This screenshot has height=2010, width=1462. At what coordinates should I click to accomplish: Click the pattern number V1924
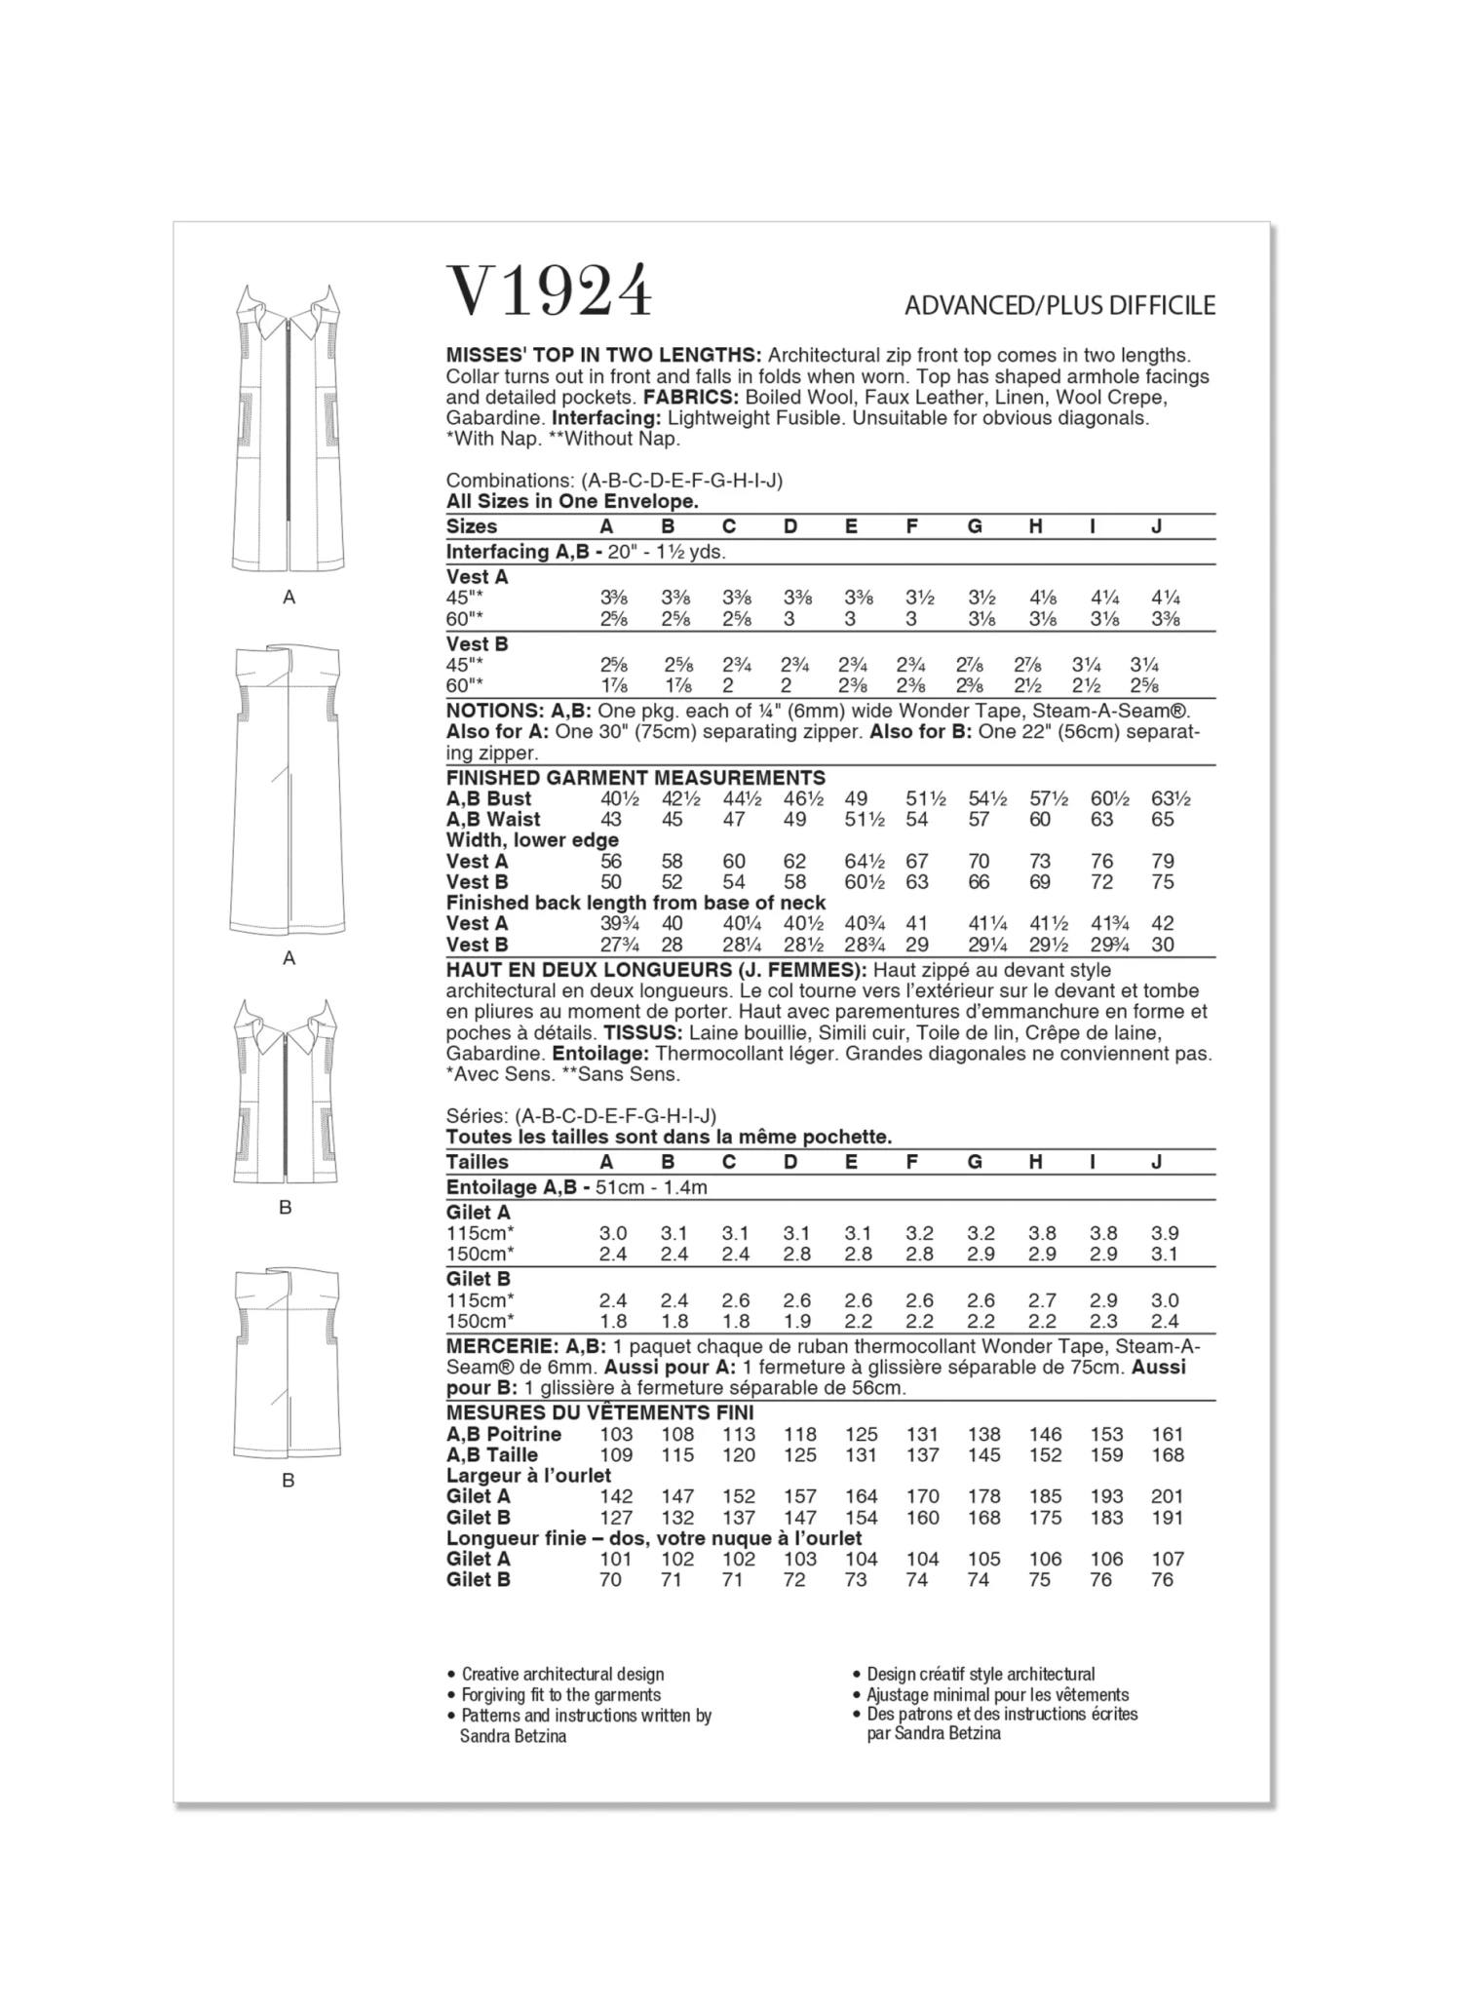(549, 290)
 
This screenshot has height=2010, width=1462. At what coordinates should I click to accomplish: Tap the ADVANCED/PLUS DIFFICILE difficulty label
(1059, 306)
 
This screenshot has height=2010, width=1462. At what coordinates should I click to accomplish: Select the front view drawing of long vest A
(289, 429)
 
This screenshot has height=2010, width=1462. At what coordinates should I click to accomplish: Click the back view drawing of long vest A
(289, 790)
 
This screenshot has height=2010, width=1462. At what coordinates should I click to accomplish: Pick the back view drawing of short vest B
(287, 1365)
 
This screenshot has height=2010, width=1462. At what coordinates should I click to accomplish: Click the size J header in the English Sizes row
(1156, 526)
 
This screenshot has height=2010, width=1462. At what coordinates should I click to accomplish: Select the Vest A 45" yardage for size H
(1042, 599)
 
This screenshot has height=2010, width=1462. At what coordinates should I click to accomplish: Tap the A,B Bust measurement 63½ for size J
(1170, 799)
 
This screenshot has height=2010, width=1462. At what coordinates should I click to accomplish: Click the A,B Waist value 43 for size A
(611, 820)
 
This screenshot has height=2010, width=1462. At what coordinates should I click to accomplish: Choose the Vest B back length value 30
(1163, 945)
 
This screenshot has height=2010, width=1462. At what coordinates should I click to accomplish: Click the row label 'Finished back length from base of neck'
(635, 903)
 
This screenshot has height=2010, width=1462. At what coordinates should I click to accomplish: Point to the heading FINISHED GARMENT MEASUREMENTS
(635, 778)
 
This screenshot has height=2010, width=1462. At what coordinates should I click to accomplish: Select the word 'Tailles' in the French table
(479, 1162)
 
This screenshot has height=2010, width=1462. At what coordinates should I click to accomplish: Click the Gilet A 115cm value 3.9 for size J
(1165, 1233)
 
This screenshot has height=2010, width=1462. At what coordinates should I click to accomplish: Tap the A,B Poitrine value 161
(1167, 1434)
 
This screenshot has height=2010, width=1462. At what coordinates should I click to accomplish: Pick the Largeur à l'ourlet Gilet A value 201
(1167, 1496)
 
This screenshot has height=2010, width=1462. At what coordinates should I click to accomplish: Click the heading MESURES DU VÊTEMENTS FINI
(599, 1412)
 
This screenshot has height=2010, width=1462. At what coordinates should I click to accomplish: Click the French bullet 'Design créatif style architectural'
(981, 1675)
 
